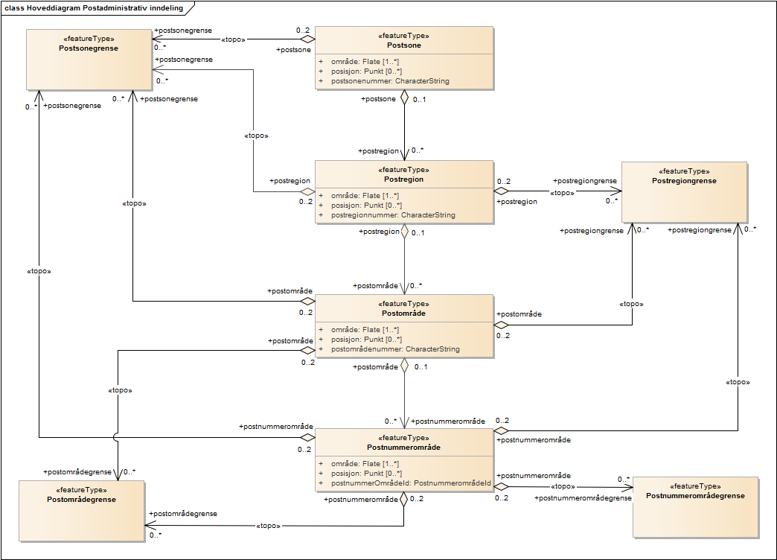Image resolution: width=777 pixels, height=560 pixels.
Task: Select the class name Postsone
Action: pyautogui.click(x=404, y=45)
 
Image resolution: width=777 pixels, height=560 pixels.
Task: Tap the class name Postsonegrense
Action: pyautogui.click(x=89, y=48)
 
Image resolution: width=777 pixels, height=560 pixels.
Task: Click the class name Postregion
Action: pyautogui.click(x=404, y=179)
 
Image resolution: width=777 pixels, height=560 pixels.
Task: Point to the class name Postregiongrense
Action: pyautogui.click(x=684, y=181)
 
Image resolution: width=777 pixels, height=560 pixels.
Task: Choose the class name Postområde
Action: pyautogui.click(x=403, y=314)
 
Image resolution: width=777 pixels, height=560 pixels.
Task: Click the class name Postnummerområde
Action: pyautogui.click(x=403, y=448)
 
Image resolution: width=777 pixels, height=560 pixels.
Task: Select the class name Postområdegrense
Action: pyautogui.click(x=81, y=500)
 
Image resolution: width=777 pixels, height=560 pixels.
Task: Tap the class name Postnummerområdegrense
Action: pyautogui.click(x=695, y=496)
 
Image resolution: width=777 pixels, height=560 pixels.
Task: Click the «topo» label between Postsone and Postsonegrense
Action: pyautogui.click(x=234, y=39)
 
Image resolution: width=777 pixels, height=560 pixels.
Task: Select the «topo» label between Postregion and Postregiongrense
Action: pyautogui.click(x=561, y=193)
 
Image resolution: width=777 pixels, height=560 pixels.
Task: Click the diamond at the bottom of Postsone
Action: pyautogui.click(x=404, y=97)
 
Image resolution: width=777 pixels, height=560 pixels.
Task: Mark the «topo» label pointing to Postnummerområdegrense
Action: pyautogui.click(x=562, y=486)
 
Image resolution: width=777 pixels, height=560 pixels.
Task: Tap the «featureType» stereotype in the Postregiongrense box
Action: pyautogui.click(x=684, y=171)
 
